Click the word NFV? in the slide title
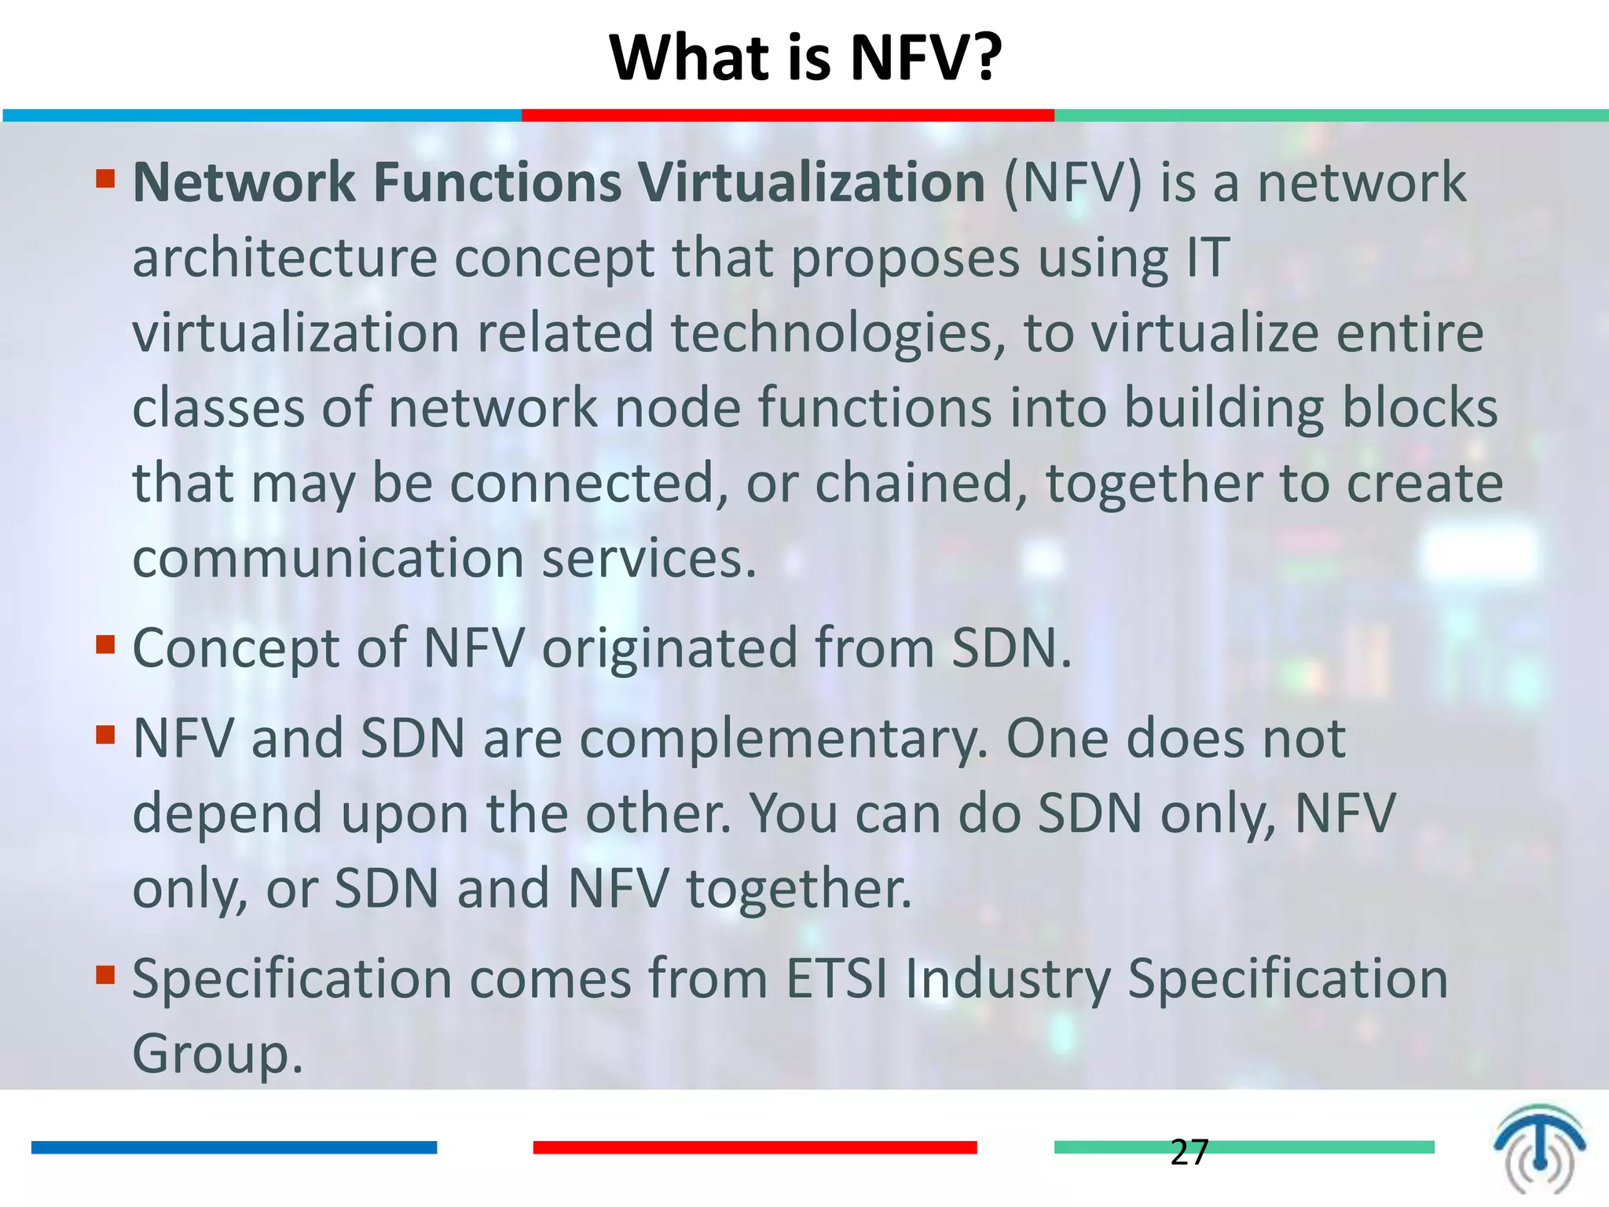pos(926,58)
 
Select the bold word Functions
pos(497,182)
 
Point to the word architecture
pos(284,258)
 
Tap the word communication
pos(328,559)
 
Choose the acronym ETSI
pos(837,979)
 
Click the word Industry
pos(1007,979)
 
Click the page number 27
pos(1189,1152)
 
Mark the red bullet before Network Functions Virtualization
pos(105,179)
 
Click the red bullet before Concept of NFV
pos(105,645)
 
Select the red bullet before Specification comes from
pos(105,975)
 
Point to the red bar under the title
pos(787,116)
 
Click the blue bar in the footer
pos(233,1147)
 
